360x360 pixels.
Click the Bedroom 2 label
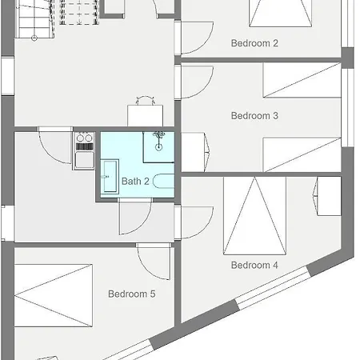[x=254, y=43]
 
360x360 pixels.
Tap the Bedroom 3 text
[x=254, y=116]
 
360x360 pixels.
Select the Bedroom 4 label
[x=254, y=265]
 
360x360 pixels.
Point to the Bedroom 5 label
[x=132, y=294]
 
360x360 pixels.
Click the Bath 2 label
[x=135, y=182]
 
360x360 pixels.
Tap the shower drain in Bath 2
[x=158, y=146]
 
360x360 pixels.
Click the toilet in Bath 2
[x=163, y=181]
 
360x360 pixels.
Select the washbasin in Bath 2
[x=110, y=177]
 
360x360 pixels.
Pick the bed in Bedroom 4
[x=254, y=215]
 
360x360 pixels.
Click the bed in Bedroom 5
[x=54, y=295]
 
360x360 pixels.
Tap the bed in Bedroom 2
[x=281, y=13]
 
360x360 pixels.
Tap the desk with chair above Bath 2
[x=146, y=112]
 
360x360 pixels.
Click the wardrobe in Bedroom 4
[x=329, y=196]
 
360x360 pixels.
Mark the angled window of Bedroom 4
[x=273, y=288]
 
